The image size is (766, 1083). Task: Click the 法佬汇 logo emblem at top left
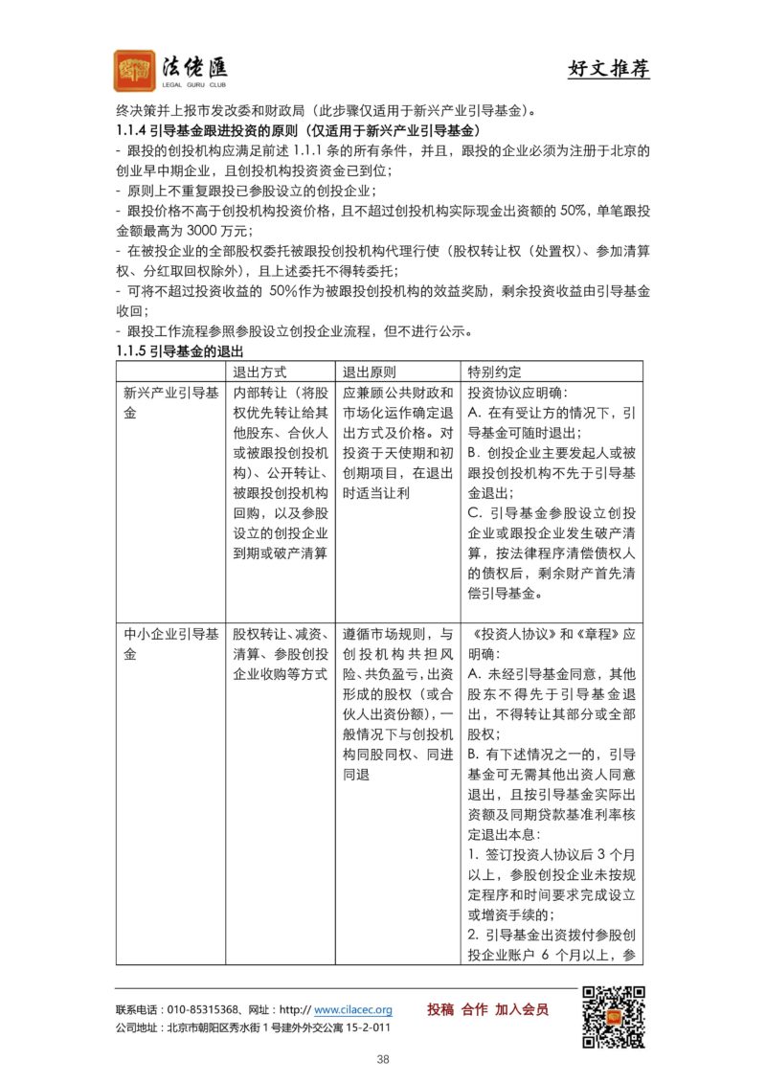click(135, 71)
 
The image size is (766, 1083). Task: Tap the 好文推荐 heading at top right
click(608, 70)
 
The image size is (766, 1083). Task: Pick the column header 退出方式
click(260, 372)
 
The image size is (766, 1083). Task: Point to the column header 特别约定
click(494, 372)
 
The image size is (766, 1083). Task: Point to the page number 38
click(383, 1059)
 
